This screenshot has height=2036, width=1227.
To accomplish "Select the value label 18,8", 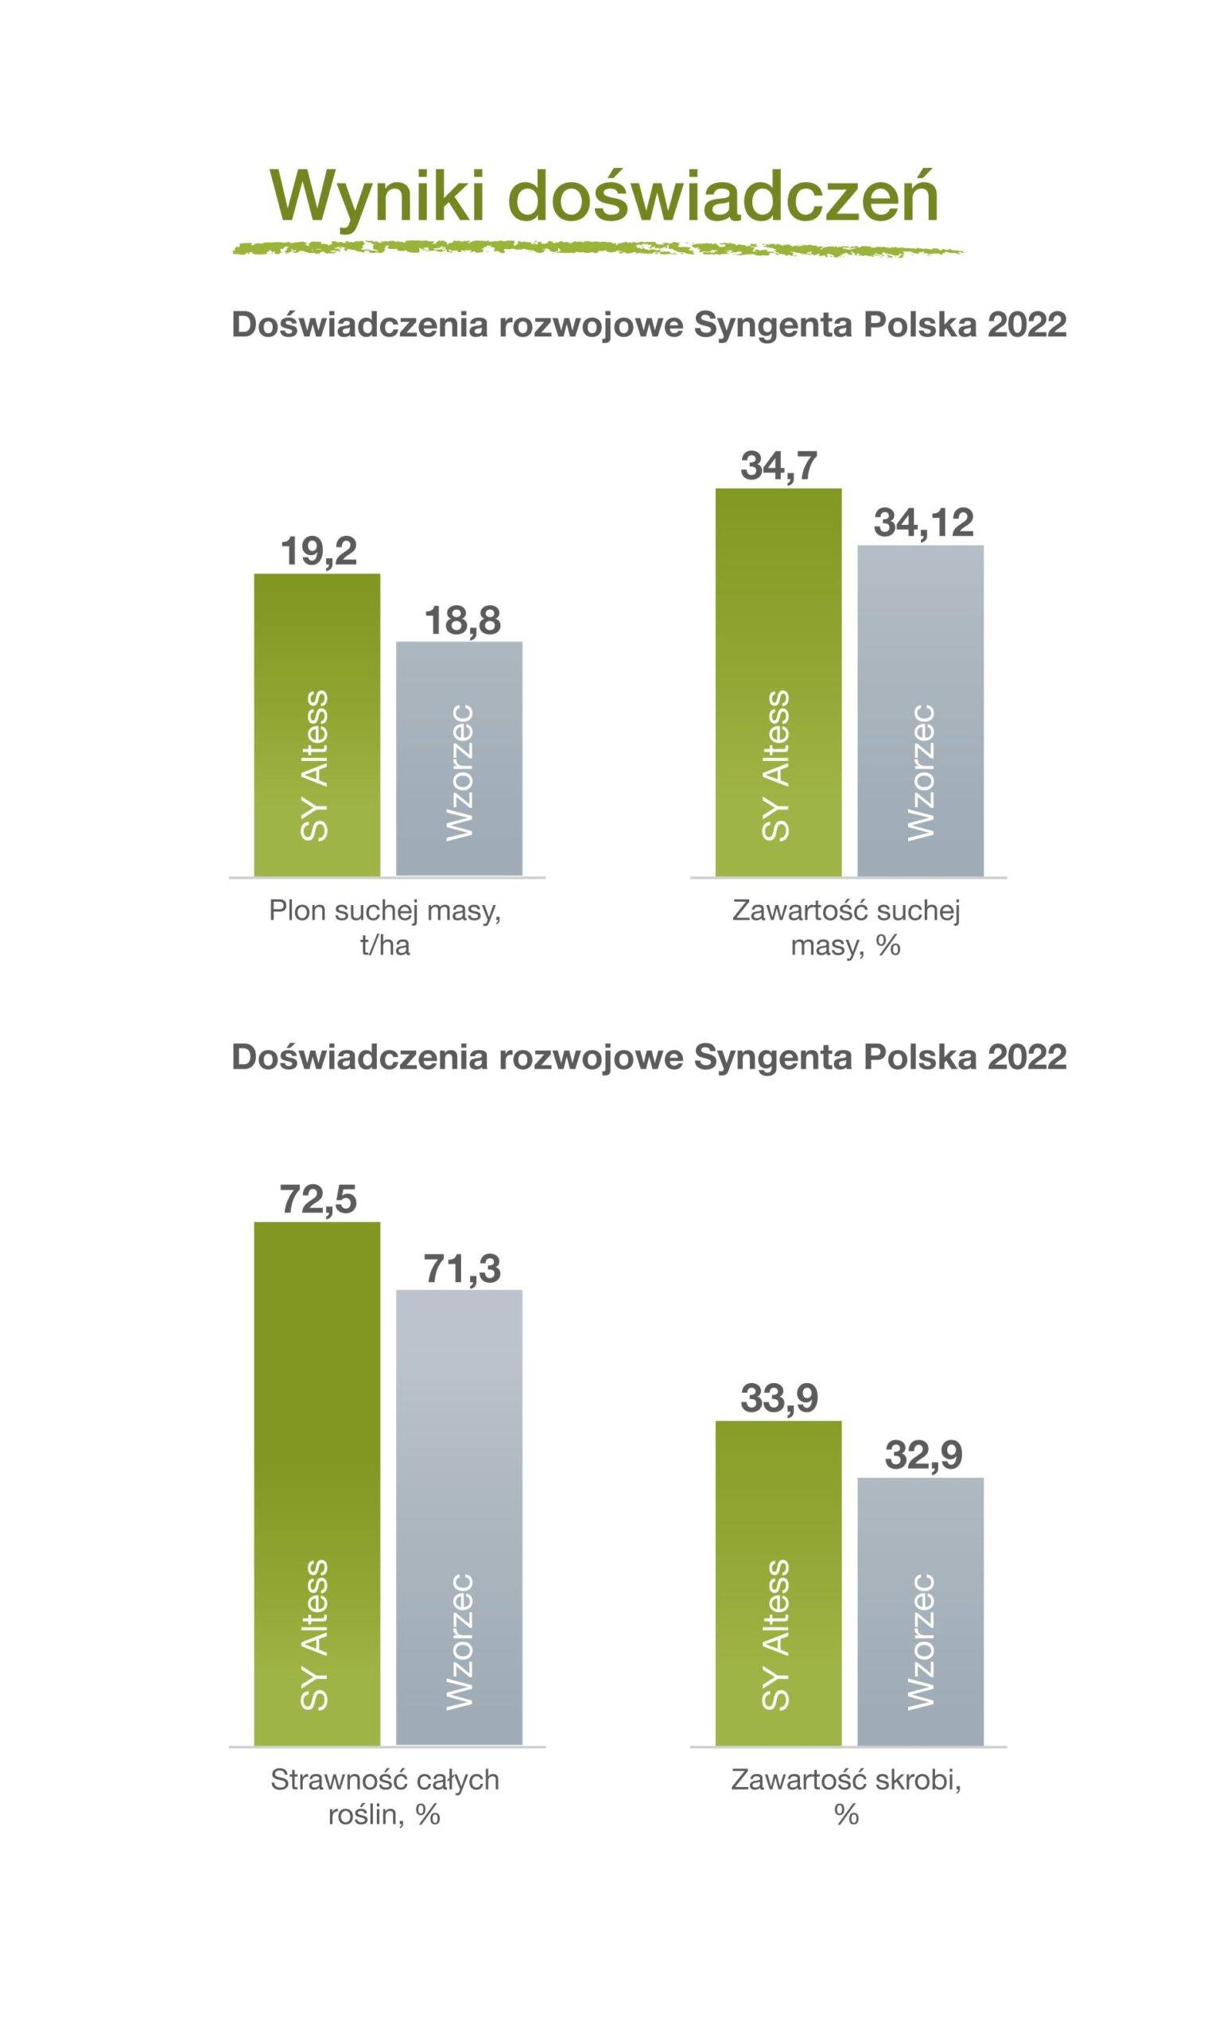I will click(462, 620).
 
